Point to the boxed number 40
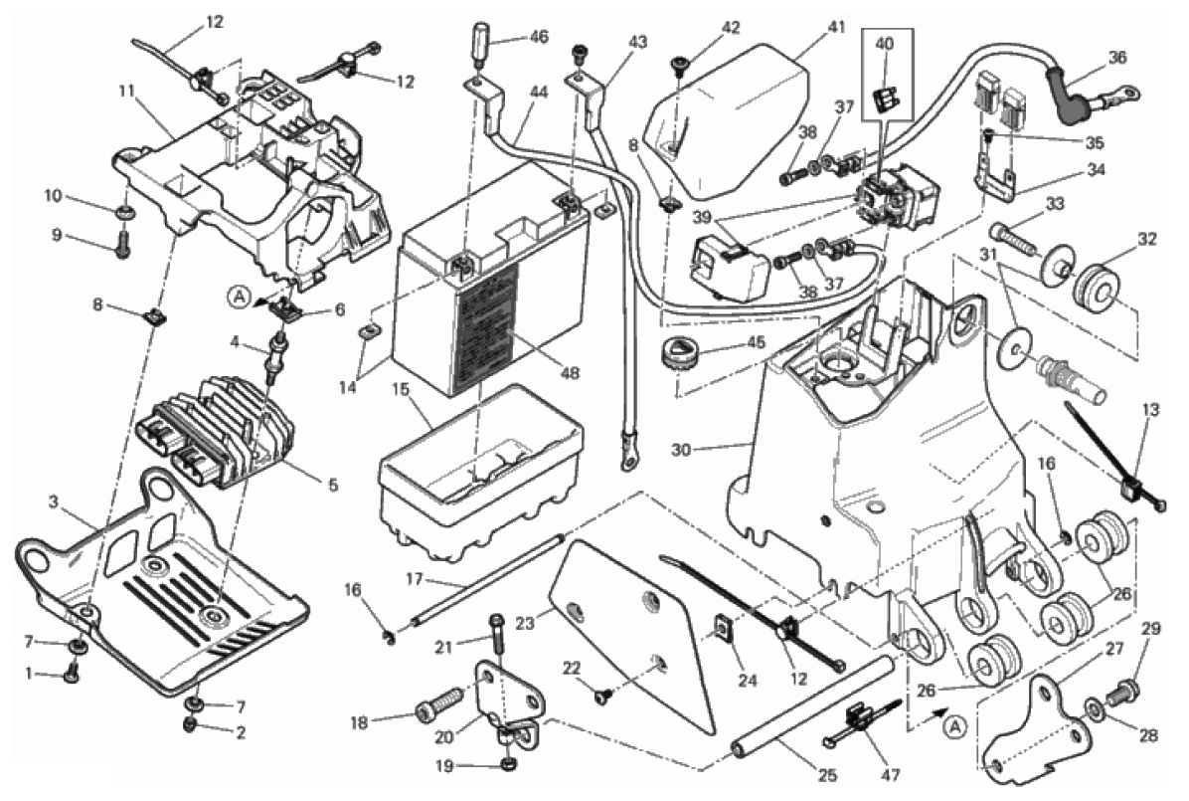click(885, 44)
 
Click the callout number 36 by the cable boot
click(1117, 58)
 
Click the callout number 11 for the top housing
click(125, 91)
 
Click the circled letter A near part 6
click(238, 295)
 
